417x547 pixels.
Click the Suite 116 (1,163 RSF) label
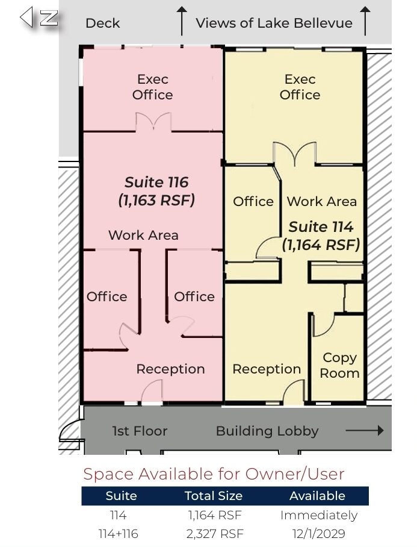(156, 191)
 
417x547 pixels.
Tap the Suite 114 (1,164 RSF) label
(321, 236)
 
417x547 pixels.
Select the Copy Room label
(339, 365)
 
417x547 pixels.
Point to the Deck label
(102, 23)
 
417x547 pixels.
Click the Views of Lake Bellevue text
(274, 23)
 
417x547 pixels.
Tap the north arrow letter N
(49, 17)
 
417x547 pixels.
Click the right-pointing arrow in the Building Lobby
(365, 431)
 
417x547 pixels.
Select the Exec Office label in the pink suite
(153, 87)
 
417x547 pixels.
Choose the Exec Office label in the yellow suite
(300, 87)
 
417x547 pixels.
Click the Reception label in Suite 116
(170, 369)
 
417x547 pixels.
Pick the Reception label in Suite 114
(267, 369)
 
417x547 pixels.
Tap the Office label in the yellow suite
(253, 201)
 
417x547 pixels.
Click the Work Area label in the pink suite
(143, 235)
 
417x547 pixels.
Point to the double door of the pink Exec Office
(153, 122)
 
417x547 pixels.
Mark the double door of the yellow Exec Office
(295, 154)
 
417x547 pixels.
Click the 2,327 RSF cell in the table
(215, 533)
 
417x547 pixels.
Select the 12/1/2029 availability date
(319, 533)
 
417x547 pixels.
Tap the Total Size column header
(214, 496)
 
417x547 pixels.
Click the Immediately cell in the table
(319, 515)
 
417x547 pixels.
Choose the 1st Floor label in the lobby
(140, 431)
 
